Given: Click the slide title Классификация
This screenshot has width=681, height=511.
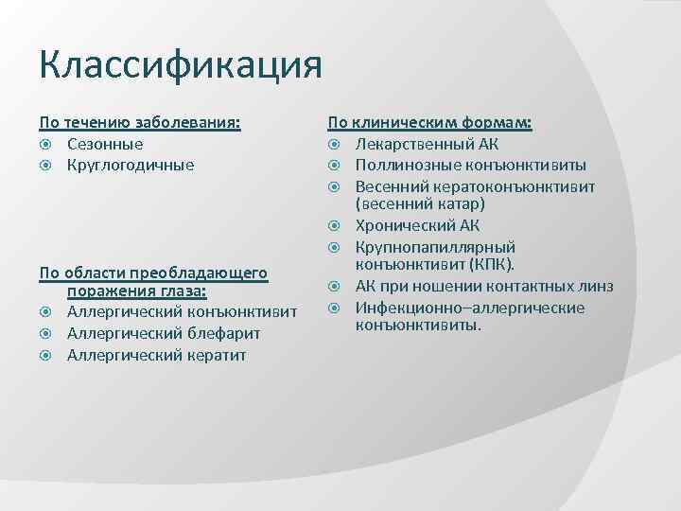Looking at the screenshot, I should (181, 67).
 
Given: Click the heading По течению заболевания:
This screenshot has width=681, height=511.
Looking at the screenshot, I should (139, 123).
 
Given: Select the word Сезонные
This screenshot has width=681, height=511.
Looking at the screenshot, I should (105, 144).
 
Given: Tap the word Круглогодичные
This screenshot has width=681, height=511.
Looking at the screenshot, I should (131, 165).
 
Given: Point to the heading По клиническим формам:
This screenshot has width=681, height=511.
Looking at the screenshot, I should (429, 123).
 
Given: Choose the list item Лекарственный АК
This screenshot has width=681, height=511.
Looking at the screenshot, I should (427, 144).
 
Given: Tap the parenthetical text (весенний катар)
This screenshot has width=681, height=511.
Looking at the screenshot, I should (420, 204).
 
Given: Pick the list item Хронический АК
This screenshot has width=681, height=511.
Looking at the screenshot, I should (417, 225).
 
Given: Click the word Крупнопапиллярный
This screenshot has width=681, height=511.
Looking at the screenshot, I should (435, 246).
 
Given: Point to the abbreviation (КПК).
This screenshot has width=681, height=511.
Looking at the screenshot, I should (498, 266).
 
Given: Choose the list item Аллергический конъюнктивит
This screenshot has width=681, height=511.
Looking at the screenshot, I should (182, 312).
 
